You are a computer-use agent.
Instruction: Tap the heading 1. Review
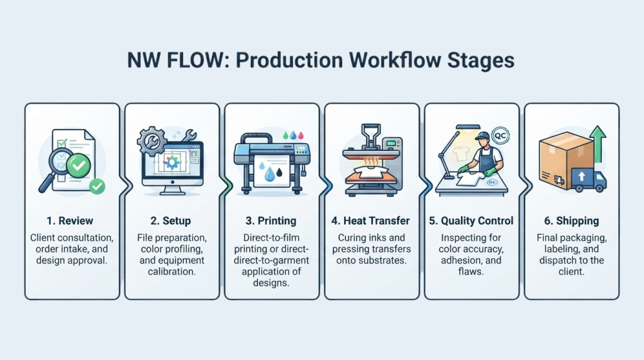[x=70, y=221]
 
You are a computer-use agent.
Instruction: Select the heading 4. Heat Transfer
[x=370, y=221]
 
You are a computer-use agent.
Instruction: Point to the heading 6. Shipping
[x=571, y=221]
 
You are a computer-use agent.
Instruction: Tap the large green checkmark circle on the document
[x=79, y=166]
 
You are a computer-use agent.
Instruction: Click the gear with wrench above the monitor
[x=152, y=141]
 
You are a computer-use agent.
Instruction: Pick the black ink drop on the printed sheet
[x=279, y=172]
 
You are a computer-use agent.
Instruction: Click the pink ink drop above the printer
[x=301, y=135]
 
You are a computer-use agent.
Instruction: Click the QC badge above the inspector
[x=500, y=136]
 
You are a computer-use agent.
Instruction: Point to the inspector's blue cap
[x=483, y=136]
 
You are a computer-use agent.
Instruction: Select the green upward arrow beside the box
[x=598, y=144]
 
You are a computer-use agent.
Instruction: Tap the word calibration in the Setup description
[x=172, y=272]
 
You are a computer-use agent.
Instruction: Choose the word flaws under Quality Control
[x=470, y=272]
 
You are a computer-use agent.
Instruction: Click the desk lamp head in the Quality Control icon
[x=468, y=127]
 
